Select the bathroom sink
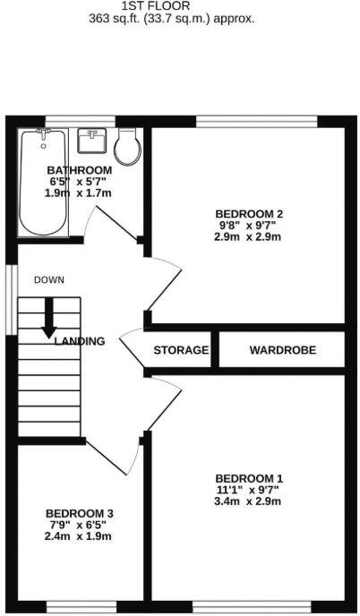tap(92, 142)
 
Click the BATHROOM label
tap(79, 170)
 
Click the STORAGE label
tap(181, 350)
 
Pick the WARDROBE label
tap(282, 350)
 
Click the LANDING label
tap(80, 341)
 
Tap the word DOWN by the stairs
tap(49, 280)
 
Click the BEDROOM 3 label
tap(80, 513)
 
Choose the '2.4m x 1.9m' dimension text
tap(80, 536)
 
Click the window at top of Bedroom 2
tap(256, 121)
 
